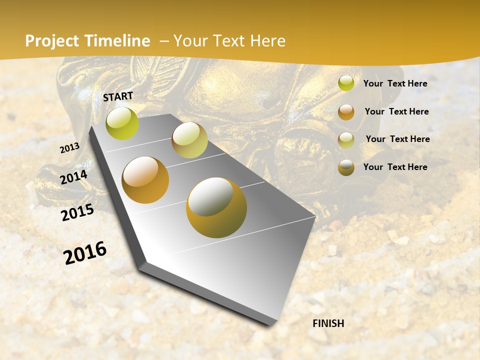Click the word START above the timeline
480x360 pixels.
coord(118,96)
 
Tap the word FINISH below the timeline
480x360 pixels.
coord(328,323)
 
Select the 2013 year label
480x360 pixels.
coord(69,147)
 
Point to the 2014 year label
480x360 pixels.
coord(73,177)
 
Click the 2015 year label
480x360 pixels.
coord(77,212)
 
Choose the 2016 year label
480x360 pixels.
coord(85,252)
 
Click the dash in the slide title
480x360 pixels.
coord(164,41)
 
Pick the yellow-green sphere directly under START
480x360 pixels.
coord(122,123)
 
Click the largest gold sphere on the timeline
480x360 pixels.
coord(216,207)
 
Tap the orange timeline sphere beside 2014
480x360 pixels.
coord(145,180)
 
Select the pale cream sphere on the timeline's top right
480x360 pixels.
coord(189,140)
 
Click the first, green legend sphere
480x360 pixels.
coord(346,83)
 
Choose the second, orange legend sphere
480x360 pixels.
coord(346,112)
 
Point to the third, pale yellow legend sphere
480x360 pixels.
coord(346,140)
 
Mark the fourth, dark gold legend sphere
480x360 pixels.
coord(346,167)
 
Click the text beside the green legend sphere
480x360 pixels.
coord(395,83)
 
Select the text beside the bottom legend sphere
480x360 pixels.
coord(395,167)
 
